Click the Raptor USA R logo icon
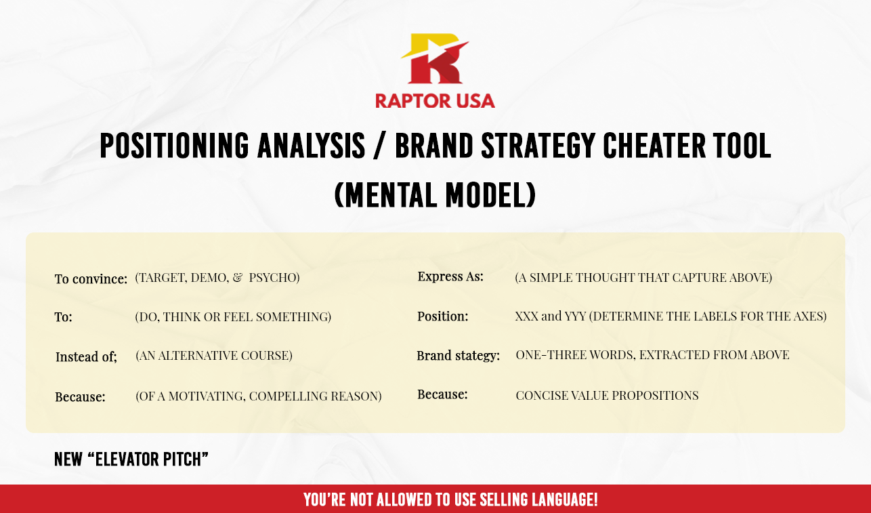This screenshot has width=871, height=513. (x=435, y=58)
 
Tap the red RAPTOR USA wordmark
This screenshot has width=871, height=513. (x=435, y=101)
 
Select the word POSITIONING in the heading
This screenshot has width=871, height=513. (x=174, y=146)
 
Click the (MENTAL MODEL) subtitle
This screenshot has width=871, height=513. (x=435, y=194)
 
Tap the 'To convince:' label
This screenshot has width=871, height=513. (x=91, y=279)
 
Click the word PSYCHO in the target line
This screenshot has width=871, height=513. (x=272, y=277)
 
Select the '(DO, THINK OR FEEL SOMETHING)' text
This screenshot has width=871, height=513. (x=233, y=317)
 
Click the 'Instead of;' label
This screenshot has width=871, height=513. (x=86, y=356)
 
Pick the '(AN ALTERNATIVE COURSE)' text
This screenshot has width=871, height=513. (x=214, y=356)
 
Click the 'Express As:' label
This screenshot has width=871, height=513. (x=450, y=276)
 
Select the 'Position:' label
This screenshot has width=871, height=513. (x=442, y=316)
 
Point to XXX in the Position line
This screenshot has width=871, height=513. (x=526, y=316)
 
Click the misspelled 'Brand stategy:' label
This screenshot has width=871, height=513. (x=458, y=356)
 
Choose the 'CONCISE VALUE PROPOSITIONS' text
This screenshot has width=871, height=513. (x=607, y=396)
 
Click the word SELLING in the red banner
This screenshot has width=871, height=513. (x=502, y=499)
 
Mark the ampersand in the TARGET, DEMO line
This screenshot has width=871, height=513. (x=238, y=277)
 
